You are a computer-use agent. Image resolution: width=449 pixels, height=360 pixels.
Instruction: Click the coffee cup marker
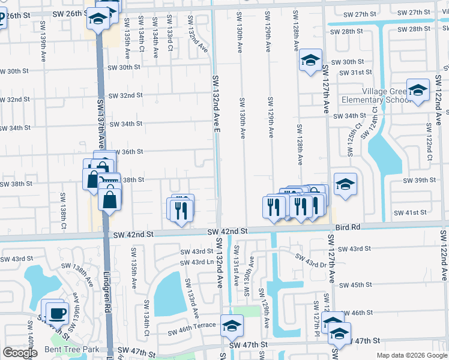pos(57,313)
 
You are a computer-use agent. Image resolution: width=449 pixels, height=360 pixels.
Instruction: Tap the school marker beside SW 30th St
pos(310,61)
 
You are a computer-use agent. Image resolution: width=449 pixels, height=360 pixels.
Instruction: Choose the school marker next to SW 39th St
pos(345,185)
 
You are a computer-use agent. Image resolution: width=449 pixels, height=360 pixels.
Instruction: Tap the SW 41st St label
pos(410,212)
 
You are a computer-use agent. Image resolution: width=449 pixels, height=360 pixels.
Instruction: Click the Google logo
pos(20,353)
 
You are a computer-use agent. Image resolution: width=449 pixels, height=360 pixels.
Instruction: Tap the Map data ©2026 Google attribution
pos(411,355)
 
